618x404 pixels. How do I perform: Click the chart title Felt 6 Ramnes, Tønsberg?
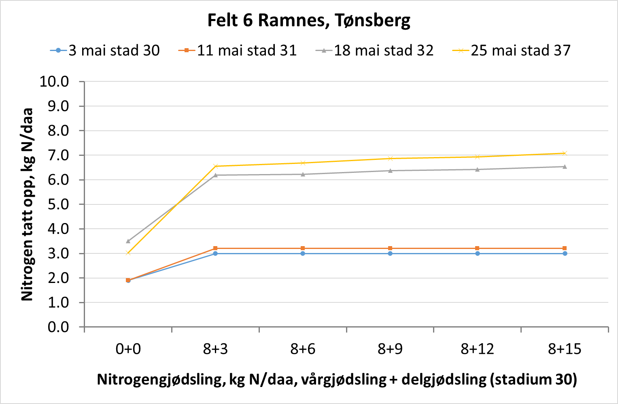[309, 20]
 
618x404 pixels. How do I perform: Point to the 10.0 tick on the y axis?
[54, 82]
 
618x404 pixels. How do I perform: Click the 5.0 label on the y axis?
[58, 204]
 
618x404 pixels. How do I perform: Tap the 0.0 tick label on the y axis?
[58, 327]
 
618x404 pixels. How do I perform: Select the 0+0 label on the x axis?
[128, 349]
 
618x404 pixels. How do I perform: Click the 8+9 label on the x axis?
[390, 349]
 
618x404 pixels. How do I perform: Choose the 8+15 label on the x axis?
[565, 349]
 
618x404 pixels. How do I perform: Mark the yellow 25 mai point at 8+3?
[215, 166]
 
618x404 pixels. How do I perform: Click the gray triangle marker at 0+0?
[128, 241]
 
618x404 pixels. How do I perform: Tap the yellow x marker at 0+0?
[128, 253]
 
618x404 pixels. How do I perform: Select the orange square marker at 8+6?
[303, 248]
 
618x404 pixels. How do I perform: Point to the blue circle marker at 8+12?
[478, 253]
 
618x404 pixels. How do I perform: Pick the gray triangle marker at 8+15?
[565, 166]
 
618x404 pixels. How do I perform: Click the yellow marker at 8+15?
[565, 153]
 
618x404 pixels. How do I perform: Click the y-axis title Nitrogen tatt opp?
[27, 204]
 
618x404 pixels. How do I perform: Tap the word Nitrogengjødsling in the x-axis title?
[161, 380]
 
